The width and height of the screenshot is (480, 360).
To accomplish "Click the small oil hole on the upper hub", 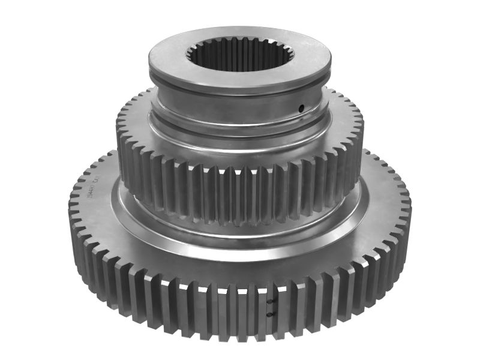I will tap(301, 108).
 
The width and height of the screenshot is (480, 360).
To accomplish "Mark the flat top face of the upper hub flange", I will tap(168, 60).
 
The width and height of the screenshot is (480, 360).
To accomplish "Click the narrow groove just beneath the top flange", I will tap(240, 91).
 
